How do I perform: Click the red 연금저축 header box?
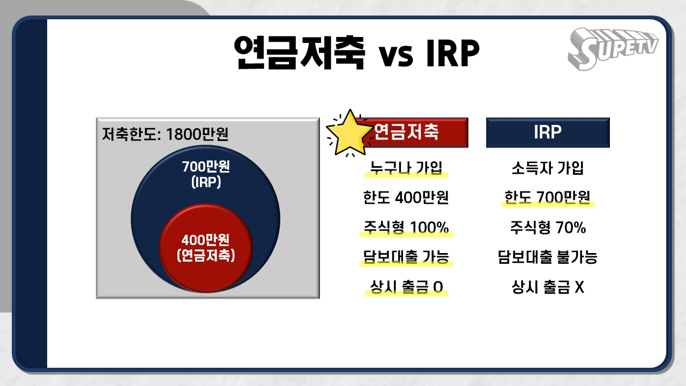(x=418, y=132)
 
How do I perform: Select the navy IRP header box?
(x=547, y=132)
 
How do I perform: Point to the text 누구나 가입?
(x=406, y=168)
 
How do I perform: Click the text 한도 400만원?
(x=406, y=198)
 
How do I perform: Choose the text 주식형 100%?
(x=406, y=228)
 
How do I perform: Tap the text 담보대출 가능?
(x=406, y=257)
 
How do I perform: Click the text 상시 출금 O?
(x=406, y=288)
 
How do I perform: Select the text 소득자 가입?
(x=547, y=168)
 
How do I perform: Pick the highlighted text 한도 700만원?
(x=547, y=198)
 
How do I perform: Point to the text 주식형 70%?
(x=547, y=228)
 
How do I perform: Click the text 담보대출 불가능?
(x=547, y=257)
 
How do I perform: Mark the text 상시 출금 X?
(x=547, y=288)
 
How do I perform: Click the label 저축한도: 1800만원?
(x=165, y=133)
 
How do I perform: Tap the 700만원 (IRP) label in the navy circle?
(x=206, y=174)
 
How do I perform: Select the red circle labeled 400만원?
(x=206, y=248)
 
